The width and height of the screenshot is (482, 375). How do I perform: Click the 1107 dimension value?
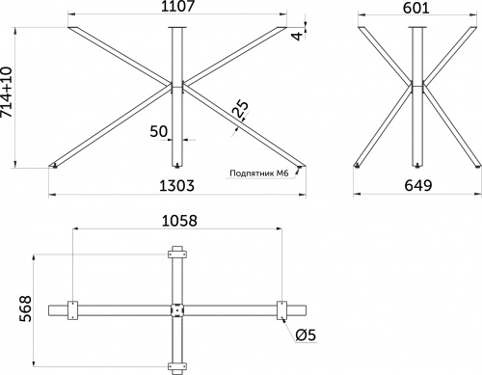coord(177,6)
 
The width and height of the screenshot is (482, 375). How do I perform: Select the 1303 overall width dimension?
coord(177,186)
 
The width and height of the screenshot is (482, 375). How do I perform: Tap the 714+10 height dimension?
coord(7,92)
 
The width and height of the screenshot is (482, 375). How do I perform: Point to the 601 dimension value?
coord(416,8)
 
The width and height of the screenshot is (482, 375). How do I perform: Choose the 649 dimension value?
coord(418,185)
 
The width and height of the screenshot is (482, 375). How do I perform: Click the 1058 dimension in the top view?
coord(179,221)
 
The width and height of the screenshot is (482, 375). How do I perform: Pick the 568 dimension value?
coord(25,308)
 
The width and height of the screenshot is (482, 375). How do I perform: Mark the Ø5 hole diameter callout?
coord(306,335)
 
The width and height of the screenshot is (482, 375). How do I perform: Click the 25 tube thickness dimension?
coord(240,109)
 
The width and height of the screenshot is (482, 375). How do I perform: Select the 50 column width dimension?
coord(159,131)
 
